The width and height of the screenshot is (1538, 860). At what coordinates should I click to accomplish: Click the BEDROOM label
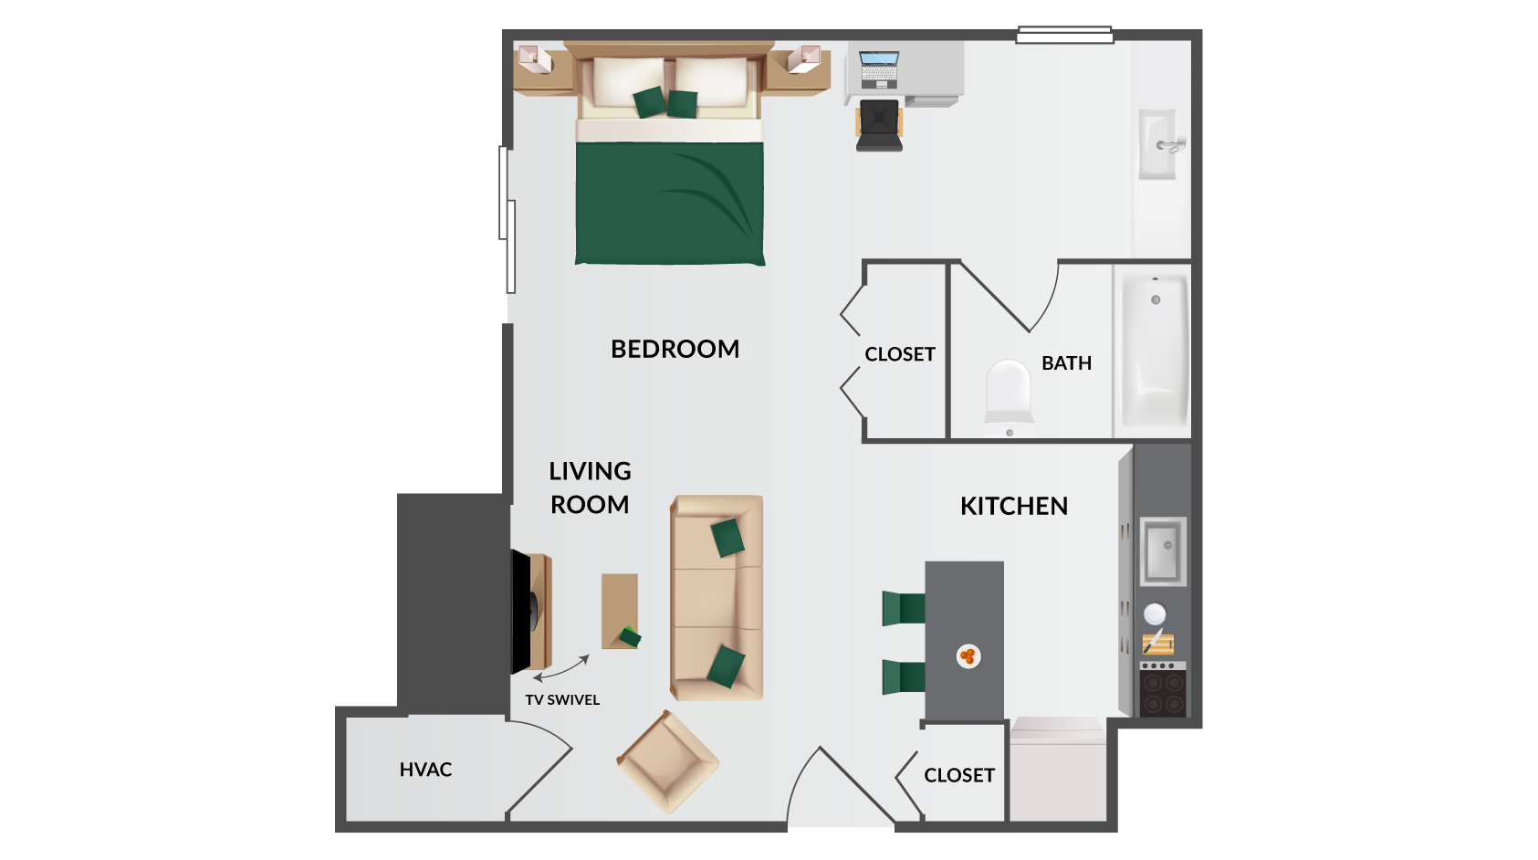675,349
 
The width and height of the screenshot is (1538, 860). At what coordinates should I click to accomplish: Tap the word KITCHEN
1013,507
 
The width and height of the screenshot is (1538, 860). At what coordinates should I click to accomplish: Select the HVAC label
425,770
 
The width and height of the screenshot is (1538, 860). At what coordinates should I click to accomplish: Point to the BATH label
1066,362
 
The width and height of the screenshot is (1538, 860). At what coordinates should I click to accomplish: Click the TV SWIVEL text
562,700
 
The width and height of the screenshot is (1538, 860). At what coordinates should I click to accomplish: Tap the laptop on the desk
879,69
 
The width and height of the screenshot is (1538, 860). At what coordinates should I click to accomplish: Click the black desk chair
879,125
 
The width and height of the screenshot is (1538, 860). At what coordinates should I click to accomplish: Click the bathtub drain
1156,300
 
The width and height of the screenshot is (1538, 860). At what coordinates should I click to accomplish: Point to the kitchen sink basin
1163,551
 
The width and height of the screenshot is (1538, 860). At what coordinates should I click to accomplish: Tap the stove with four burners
1163,689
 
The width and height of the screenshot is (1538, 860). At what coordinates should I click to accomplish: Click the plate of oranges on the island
968,656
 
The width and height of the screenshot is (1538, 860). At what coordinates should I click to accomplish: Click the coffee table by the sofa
620,612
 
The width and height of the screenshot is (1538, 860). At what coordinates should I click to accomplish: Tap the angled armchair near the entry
667,761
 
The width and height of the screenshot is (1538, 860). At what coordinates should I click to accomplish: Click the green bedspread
669,204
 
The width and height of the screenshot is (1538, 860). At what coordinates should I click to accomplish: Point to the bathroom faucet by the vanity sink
1171,146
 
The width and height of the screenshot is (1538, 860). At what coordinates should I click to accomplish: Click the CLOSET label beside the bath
899,354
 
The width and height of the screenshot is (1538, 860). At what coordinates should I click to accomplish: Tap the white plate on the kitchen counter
1155,614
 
